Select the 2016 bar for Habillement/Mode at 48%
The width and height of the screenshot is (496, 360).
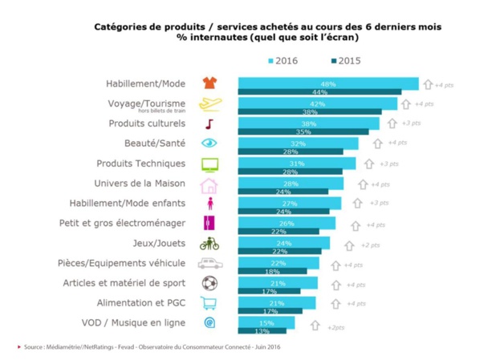pos(327,83)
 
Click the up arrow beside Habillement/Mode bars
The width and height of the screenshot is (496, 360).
pos(428,83)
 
